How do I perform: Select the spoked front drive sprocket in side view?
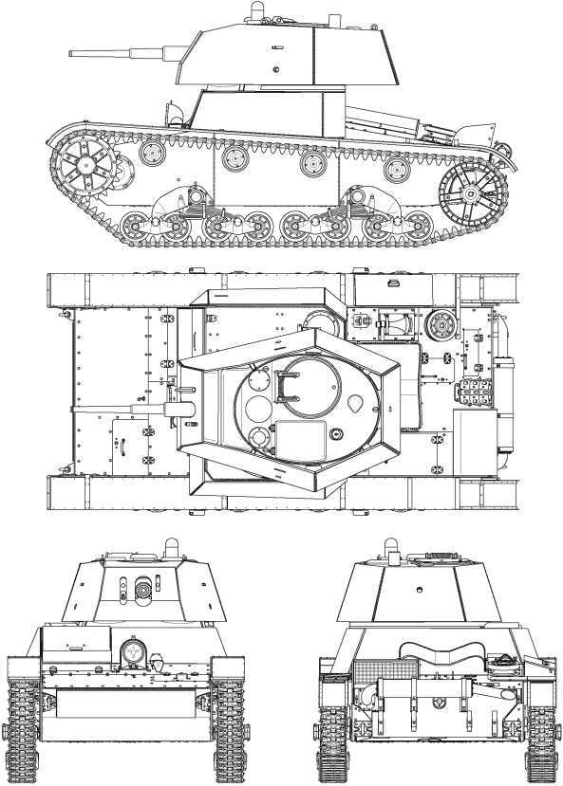(84, 171)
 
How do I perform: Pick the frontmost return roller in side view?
(152, 151)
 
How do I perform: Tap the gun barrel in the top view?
(152, 410)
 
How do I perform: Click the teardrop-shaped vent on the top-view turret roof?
(356, 402)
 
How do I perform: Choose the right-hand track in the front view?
(228, 721)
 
